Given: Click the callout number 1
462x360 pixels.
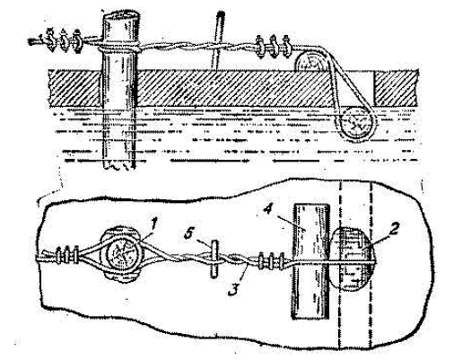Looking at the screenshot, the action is coord(154,224).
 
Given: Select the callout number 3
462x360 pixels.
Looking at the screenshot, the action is coord(234,290).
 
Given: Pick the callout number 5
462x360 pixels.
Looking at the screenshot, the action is coord(188,233).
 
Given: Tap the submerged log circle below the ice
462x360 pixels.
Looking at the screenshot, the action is coord(356,125).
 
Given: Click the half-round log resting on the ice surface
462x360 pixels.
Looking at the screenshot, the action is coord(310,63).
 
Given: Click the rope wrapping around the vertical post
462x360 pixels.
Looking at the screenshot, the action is coord(119,48).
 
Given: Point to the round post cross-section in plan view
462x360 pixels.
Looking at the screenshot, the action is coord(124,253).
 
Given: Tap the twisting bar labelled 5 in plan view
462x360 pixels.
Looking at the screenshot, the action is coord(214,259).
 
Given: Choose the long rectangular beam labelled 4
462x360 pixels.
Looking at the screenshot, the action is coord(310,261).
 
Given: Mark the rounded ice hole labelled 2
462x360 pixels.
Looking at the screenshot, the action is coord(352,259).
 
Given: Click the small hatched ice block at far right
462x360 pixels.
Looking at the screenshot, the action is coord(396,88).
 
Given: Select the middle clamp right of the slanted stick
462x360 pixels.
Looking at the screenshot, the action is coord(272,46).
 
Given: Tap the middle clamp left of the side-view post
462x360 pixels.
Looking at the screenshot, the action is coord(64,40).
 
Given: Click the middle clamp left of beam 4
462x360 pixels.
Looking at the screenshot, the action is coord(272,261).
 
